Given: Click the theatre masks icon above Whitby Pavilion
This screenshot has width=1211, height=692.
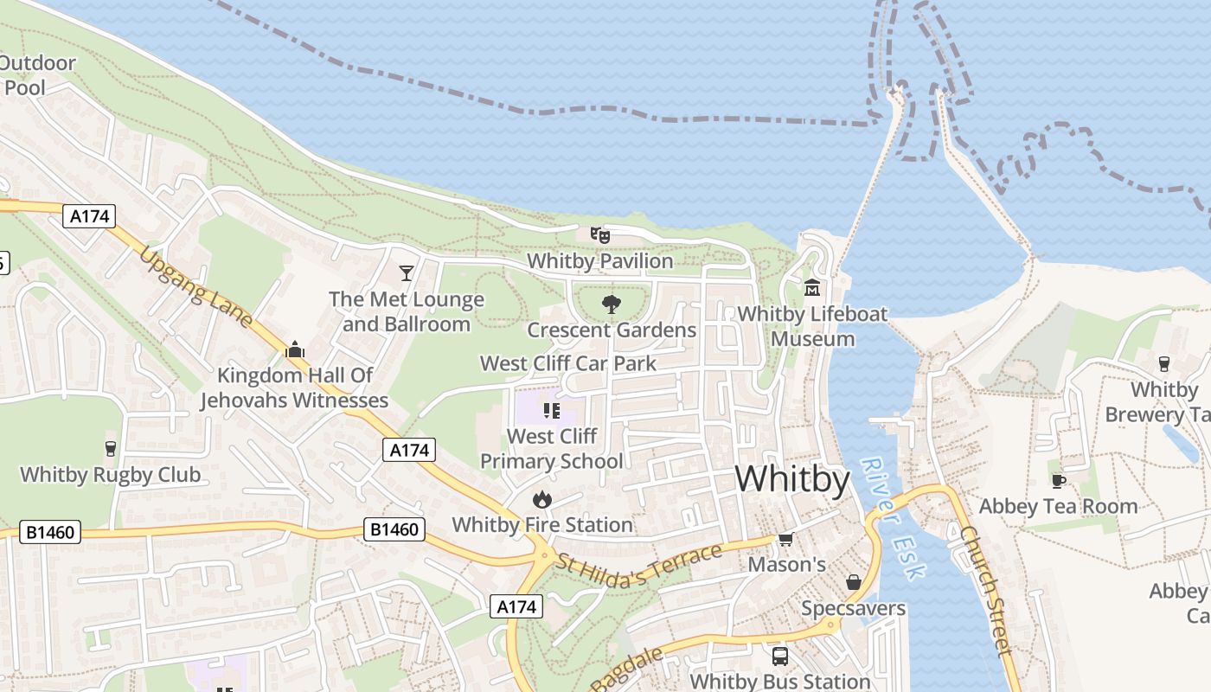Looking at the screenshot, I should point(599,234).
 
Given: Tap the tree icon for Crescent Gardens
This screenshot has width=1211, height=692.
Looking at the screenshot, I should point(612,304).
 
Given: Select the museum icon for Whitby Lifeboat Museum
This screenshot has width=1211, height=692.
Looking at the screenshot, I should point(812,287).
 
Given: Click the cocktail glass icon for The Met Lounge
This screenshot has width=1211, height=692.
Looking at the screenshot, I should point(406,273).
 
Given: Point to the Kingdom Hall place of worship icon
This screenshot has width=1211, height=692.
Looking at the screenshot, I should point(295,349).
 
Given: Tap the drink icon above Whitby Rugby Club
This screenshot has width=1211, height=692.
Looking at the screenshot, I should point(111,448).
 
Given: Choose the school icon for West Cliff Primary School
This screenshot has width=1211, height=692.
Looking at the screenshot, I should point(552,410).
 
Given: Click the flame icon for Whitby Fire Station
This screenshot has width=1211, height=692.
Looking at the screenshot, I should point(542,499).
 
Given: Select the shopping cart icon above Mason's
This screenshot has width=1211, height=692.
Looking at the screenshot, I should point(785,540).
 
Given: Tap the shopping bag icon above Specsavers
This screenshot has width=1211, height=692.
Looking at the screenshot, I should point(853,582).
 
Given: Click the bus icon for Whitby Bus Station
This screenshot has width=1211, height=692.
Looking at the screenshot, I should point(780,656).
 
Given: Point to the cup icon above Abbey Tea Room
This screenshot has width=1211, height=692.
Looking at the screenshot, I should point(1057,481).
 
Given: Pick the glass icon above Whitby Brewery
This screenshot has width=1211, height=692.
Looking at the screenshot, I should point(1164,364).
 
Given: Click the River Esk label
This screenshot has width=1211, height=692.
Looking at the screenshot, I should point(894,518).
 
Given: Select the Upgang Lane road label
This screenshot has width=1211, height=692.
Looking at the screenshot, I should point(196,288).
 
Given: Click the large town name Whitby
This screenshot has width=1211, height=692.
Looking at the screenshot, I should point(792,478).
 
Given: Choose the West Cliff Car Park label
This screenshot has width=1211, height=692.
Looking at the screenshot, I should point(568,363).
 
